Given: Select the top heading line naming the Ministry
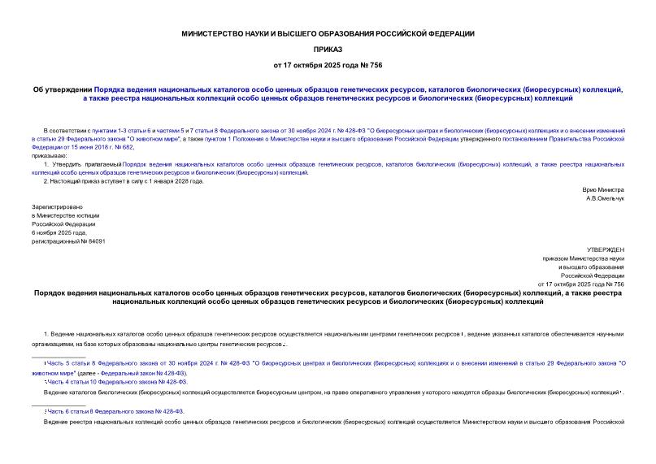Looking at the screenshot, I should [x=328, y=33].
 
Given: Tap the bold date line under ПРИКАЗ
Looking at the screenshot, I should [x=328, y=64].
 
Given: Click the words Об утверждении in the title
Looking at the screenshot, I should [x=63, y=89].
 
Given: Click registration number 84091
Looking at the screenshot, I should [x=95, y=241].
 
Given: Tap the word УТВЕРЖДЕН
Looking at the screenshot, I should [x=605, y=249].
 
